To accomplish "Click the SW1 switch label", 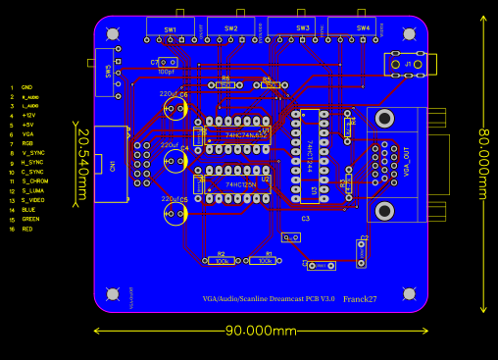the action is pos(171,29).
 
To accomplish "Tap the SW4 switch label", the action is pos(363,28).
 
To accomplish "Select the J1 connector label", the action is pos(408,65).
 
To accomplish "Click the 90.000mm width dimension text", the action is pos(261,331).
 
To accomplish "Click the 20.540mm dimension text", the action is pos(83,166).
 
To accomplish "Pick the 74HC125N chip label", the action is pos(241,184).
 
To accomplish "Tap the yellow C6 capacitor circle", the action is pos(175,107).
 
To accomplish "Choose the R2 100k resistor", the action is pos(221,261).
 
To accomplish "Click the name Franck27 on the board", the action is pos(360,298).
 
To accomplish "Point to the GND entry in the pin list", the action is pos(26,87).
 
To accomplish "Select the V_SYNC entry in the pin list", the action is pos(32,153).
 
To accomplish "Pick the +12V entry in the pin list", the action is pos(28,116).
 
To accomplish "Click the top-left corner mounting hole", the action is pos(113,33).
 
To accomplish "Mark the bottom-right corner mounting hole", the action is pos(408,293).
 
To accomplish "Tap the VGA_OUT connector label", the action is pos(406,158).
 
